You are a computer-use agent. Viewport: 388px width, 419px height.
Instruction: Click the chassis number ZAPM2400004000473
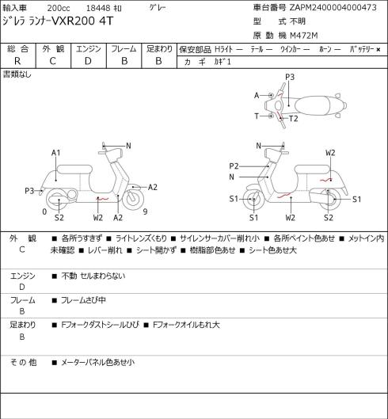(333, 8)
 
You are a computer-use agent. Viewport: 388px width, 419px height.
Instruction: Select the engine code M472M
(304, 36)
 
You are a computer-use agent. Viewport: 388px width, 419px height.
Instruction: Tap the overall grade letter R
(17, 61)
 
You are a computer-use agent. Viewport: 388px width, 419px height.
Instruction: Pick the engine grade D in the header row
(88, 61)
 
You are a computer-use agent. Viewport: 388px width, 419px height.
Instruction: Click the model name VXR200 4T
(82, 21)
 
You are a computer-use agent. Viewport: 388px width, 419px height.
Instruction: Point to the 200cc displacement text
(59, 8)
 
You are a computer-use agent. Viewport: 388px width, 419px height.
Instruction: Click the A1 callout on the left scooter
(56, 153)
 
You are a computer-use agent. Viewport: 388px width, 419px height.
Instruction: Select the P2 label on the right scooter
(234, 166)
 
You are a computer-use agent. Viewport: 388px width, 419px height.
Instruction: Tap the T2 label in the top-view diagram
(294, 118)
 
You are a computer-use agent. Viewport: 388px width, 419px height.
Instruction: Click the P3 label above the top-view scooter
(290, 77)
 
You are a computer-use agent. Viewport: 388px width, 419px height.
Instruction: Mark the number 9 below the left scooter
(145, 211)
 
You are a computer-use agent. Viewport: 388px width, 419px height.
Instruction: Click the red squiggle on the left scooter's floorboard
(103, 199)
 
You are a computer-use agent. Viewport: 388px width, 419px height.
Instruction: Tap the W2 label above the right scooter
(330, 153)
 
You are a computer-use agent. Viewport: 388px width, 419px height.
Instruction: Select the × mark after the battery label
(378, 50)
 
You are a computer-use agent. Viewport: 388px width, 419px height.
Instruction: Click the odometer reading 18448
(98, 8)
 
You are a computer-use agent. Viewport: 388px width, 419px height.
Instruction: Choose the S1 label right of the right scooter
(357, 199)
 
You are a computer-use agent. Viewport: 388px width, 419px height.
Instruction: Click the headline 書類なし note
(17, 74)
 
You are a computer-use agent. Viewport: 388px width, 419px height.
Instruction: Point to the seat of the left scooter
(74, 170)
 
